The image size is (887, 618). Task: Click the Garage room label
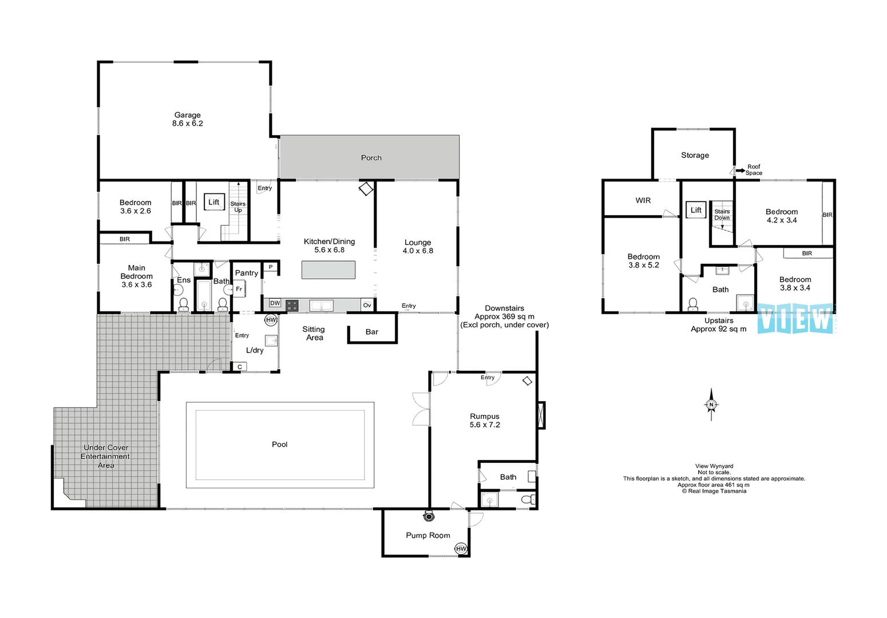188,115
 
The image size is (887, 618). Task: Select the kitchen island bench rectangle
328,270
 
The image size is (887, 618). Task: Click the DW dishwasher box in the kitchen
275,303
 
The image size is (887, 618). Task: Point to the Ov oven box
367,305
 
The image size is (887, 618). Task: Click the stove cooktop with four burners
292,306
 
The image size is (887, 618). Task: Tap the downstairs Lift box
214,202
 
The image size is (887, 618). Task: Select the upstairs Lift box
696,210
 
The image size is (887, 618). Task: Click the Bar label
372,332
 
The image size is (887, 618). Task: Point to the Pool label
280,445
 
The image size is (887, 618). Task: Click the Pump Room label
428,536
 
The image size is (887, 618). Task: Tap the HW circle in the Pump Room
461,549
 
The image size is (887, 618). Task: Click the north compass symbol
711,405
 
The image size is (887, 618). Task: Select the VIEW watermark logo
795,319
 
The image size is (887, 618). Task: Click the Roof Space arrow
740,171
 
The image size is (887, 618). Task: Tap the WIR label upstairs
643,200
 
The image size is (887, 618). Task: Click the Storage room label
695,155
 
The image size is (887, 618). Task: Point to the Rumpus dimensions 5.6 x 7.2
485,425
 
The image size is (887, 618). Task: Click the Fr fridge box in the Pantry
239,289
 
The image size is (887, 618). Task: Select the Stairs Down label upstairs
722,215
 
